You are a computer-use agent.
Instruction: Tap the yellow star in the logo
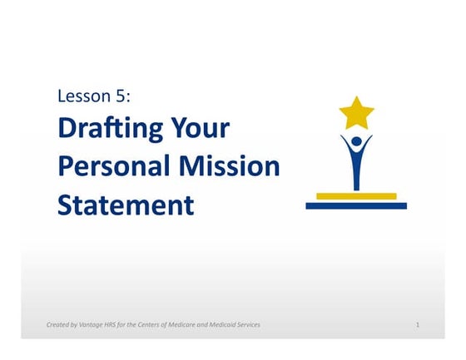tap(356, 112)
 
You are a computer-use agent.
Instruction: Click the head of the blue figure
tap(356, 141)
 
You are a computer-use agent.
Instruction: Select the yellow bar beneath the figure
tap(356, 195)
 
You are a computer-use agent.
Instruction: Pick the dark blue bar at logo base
tap(356, 205)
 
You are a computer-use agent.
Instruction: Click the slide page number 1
tap(417, 324)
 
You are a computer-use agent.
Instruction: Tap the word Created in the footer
tap(60, 324)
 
